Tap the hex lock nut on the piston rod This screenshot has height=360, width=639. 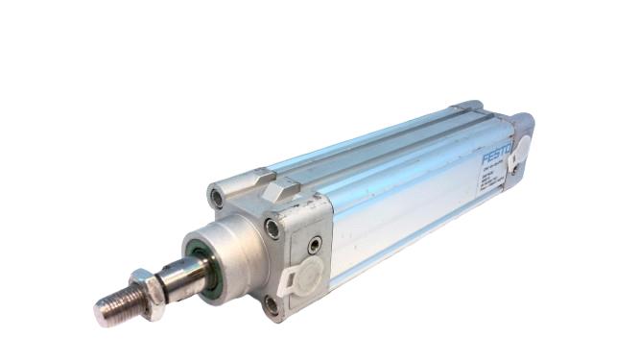tap(145, 287)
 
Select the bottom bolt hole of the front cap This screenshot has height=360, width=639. tap(273, 305)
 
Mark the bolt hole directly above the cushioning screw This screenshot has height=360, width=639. tap(274, 229)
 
